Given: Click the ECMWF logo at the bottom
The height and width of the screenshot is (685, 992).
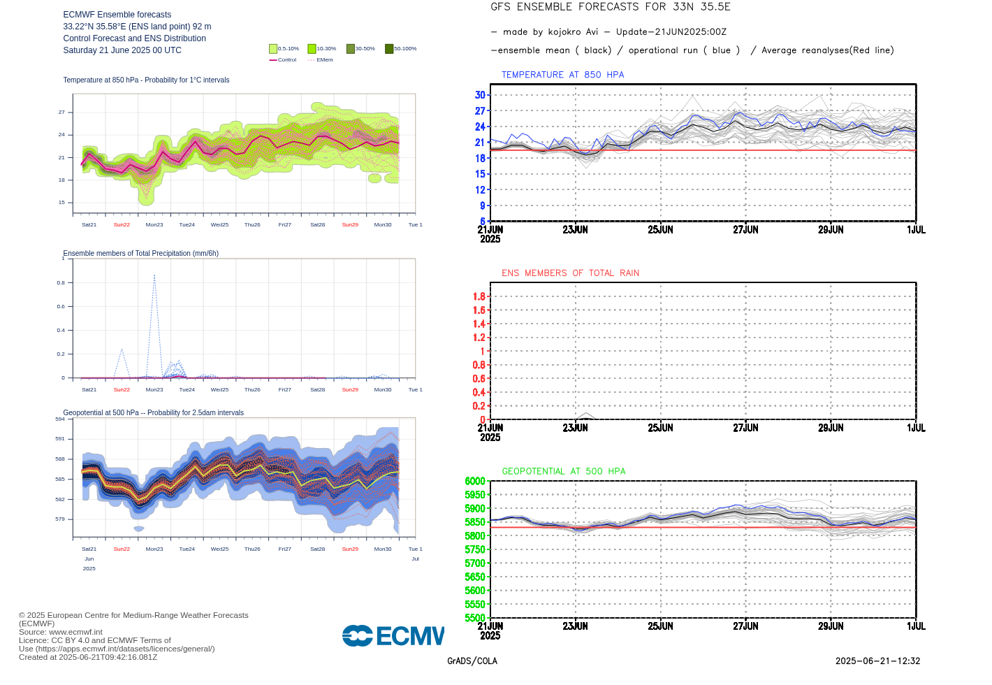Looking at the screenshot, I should tap(393, 635).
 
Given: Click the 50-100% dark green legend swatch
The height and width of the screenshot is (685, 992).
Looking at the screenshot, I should tap(389, 49).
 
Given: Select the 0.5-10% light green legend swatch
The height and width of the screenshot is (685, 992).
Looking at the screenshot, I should tap(273, 49).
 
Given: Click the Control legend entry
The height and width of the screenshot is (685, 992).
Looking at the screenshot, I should tap(283, 60).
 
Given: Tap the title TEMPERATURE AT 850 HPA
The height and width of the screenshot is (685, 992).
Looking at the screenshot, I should tap(562, 75).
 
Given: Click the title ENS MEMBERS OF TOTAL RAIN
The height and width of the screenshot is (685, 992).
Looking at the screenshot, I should tap(570, 273).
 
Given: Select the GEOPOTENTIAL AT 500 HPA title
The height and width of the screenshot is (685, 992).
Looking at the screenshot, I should tap(564, 472).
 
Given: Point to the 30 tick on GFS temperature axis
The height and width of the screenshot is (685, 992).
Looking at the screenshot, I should tap(480, 95).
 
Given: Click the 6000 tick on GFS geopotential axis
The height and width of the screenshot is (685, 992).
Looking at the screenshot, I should tap(475, 481).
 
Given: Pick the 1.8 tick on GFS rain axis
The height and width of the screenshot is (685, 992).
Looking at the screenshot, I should tap(479, 296).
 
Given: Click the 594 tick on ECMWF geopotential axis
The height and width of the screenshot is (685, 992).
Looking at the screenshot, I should tap(60, 419).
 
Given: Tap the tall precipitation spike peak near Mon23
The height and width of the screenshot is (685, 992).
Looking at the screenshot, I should tap(154, 275).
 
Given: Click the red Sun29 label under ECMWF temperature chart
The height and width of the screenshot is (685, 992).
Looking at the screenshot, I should tap(350, 225).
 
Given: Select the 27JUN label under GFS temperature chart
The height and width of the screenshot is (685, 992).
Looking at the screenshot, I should tap(745, 230).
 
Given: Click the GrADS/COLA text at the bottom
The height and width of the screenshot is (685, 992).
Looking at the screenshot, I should tap(472, 661).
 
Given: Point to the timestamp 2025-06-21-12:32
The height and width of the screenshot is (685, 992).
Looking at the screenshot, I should tap(877, 661).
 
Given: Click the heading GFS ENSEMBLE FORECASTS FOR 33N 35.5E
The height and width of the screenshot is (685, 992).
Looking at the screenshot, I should tap(611, 7).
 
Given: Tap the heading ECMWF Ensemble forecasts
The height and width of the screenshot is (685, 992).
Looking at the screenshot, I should tap(117, 15).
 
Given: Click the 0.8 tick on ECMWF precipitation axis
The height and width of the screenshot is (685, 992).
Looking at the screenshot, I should tap(61, 283).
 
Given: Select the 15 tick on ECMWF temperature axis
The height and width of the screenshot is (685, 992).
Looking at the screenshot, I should tap(61, 203).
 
